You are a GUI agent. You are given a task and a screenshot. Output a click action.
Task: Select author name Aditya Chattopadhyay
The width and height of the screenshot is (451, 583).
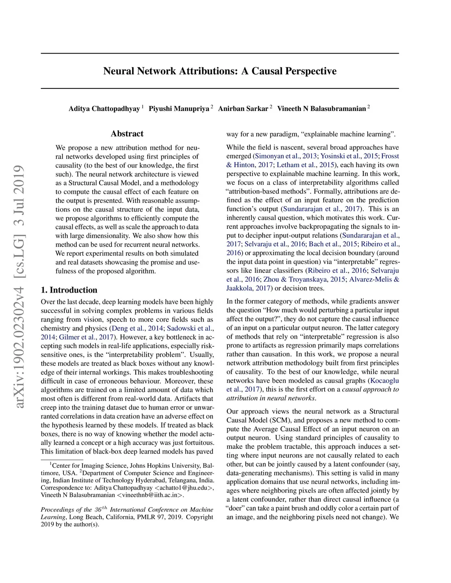click(x=104, y=109)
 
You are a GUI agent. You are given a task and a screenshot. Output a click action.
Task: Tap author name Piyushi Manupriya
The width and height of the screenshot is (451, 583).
click(x=179, y=109)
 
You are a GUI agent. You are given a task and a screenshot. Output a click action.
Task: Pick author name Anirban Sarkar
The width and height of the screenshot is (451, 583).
click(x=243, y=109)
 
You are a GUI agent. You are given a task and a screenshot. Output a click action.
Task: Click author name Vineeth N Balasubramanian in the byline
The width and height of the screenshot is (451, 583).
click(x=321, y=109)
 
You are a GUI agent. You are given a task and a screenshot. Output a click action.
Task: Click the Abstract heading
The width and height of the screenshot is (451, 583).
click(x=127, y=134)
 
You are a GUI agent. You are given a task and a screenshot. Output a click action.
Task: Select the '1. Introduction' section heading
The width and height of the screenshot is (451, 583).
click(x=69, y=290)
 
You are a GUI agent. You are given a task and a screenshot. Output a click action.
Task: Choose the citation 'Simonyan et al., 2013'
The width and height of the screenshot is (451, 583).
click(x=285, y=156)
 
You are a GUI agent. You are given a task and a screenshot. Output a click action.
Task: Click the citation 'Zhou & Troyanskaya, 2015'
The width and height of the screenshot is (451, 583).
click(x=304, y=279)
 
